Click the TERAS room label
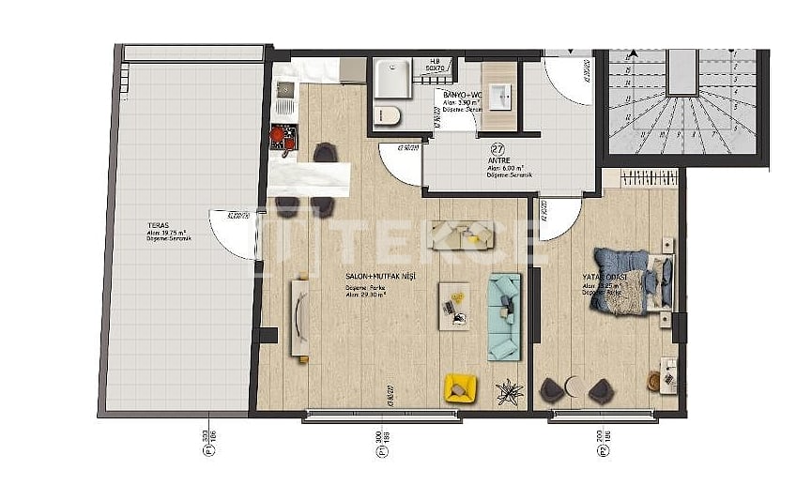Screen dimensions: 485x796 pos(159,226)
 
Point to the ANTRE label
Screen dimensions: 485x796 pos(497,160)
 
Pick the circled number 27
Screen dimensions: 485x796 pos(498,148)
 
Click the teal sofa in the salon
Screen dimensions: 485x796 pos(504,315)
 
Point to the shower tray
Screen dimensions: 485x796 pos(391,78)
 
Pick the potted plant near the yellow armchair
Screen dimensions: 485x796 pos(510,391)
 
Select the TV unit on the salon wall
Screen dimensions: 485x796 pos(300,315)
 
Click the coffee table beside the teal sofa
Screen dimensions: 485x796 pos(457,304)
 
